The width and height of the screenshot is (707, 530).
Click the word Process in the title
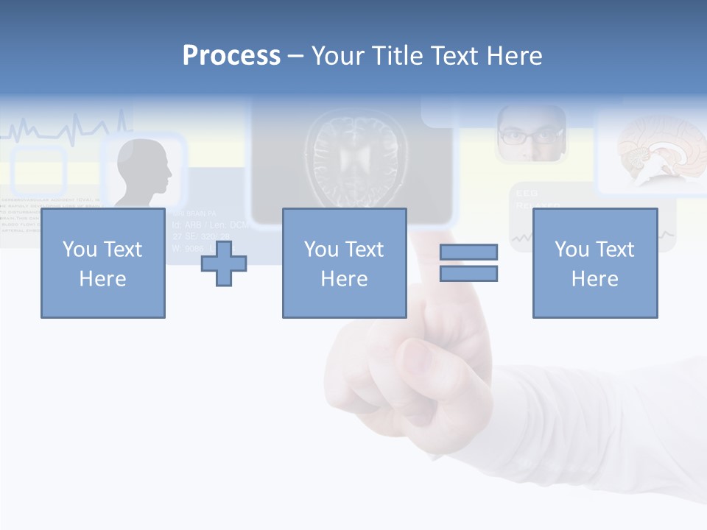point(231,56)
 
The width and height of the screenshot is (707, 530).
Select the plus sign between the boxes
point(224,263)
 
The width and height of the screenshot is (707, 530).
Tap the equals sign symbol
point(468,263)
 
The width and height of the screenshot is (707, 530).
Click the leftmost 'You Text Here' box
point(103,263)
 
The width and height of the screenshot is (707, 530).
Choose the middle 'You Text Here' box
point(344,263)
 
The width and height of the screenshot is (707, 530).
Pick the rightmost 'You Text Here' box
point(594,263)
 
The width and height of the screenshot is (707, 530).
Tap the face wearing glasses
point(531,135)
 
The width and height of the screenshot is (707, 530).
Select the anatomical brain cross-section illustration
point(652,151)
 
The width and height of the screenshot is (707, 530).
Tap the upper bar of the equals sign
point(468,252)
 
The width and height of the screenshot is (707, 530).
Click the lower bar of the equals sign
point(468,274)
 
